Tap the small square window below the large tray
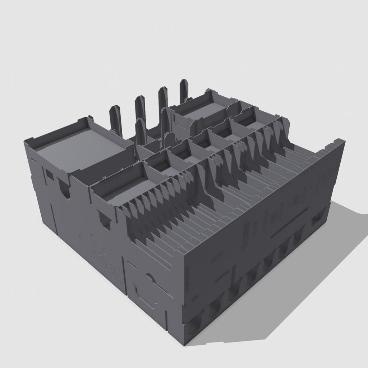pos(49,175)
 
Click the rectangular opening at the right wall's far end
pos(318,218)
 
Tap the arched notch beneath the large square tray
pos(65,191)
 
